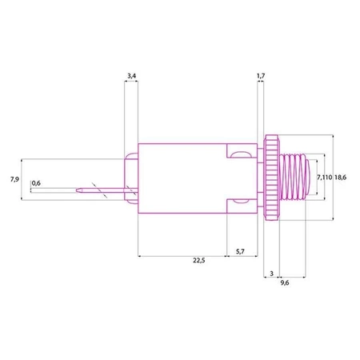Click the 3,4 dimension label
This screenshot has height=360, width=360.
[131, 76]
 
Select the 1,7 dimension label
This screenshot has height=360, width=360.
[259, 76]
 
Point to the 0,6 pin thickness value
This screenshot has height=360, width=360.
[36, 184]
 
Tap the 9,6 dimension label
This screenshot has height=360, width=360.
[285, 282]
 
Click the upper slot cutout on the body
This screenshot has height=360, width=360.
[238, 150]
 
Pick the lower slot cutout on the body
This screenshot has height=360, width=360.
[238, 206]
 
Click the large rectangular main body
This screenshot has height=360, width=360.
[184, 178]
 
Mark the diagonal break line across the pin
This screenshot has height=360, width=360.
[98, 190]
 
